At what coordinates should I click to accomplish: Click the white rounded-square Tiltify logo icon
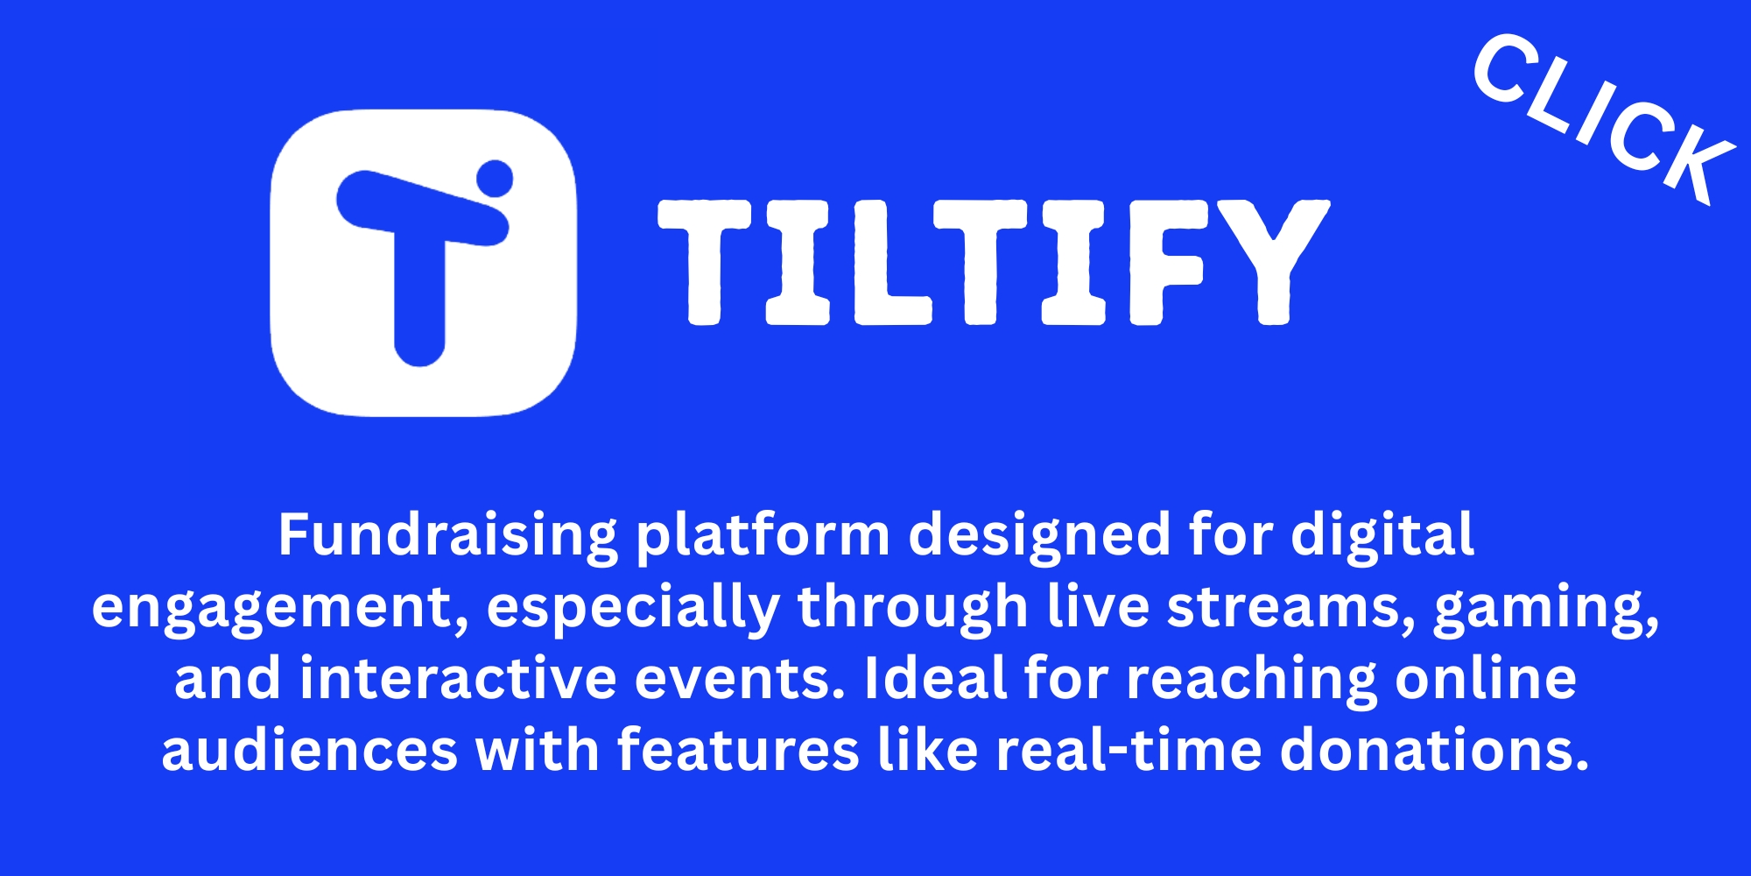pos(424,263)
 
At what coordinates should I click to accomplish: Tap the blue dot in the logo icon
pos(495,178)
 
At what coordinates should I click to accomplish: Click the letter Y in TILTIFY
pos(1273,262)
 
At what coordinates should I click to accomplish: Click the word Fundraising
pos(447,536)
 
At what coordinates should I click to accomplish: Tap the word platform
pos(763,536)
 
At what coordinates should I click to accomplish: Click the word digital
pos(1382,536)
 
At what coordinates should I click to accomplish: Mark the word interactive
pos(458,679)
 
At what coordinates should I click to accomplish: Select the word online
pos(1486,679)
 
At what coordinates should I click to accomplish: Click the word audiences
pos(309,751)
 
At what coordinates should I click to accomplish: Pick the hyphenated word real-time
pos(1129,751)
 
